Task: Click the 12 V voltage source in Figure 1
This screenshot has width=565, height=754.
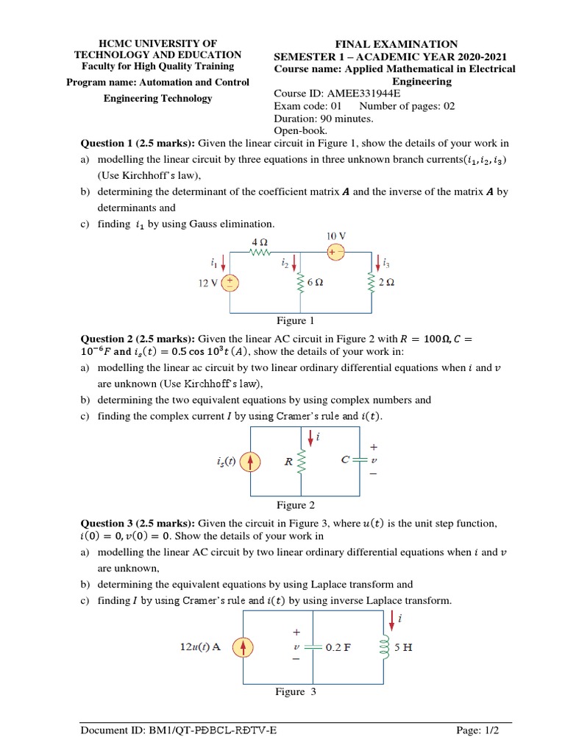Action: (x=231, y=283)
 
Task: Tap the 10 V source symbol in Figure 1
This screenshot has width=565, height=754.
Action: (x=335, y=252)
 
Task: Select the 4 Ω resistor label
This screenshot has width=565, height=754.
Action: (x=260, y=241)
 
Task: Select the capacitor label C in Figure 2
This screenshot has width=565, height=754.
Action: (x=345, y=459)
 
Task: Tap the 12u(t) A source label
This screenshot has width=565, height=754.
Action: (x=200, y=647)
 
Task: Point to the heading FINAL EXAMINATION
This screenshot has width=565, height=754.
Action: (x=397, y=44)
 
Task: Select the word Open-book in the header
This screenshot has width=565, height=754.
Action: (x=300, y=130)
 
